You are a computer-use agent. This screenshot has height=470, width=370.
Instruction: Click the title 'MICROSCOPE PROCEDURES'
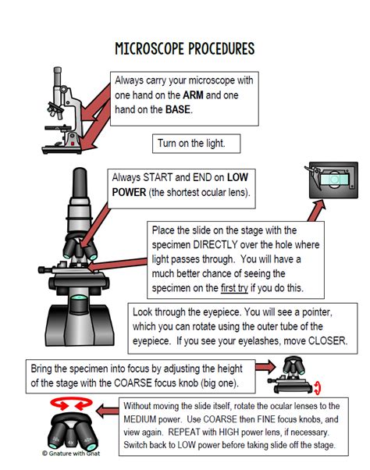coord(184,48)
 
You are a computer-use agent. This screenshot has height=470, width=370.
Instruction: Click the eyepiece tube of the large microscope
coord(80,191)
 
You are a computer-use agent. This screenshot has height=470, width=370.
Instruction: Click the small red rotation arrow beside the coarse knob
coord(318,386)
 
